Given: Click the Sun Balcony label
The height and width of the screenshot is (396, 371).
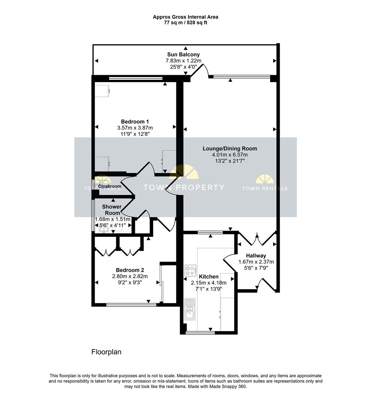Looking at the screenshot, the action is (183, 55).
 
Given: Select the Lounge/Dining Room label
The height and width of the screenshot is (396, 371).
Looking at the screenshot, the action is (230, 148).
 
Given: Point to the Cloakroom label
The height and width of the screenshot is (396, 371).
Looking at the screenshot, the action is (110, 186).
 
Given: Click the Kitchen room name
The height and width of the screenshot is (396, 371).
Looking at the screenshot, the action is (209, 276).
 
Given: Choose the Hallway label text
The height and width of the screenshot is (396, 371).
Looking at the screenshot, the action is (256, 256).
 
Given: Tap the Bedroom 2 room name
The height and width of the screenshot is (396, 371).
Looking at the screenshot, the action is (130, 270).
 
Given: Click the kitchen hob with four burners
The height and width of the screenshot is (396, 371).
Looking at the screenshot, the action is (190, 271).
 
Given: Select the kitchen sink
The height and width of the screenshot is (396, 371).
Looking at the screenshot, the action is (190, 309).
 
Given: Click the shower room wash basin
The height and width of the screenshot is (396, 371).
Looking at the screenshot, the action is (103, 230).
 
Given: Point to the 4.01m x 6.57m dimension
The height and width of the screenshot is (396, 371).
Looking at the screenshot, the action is (230, 155).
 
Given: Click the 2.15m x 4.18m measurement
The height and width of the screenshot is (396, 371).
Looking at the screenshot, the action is (209, 283).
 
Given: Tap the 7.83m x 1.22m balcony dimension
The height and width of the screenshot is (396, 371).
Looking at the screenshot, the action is (183, 61).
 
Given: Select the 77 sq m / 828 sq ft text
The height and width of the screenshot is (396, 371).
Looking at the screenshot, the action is (185, 22).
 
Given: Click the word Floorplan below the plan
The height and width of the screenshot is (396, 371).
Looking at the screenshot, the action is (106, 352).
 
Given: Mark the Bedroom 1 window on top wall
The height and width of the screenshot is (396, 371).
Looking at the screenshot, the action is (136, 78).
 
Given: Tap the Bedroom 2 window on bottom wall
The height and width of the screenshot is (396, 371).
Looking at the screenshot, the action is (131, 305).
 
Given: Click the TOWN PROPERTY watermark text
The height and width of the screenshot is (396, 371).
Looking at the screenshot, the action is (184, 187).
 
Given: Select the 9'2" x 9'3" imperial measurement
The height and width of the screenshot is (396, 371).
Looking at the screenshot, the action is (130, 282).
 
